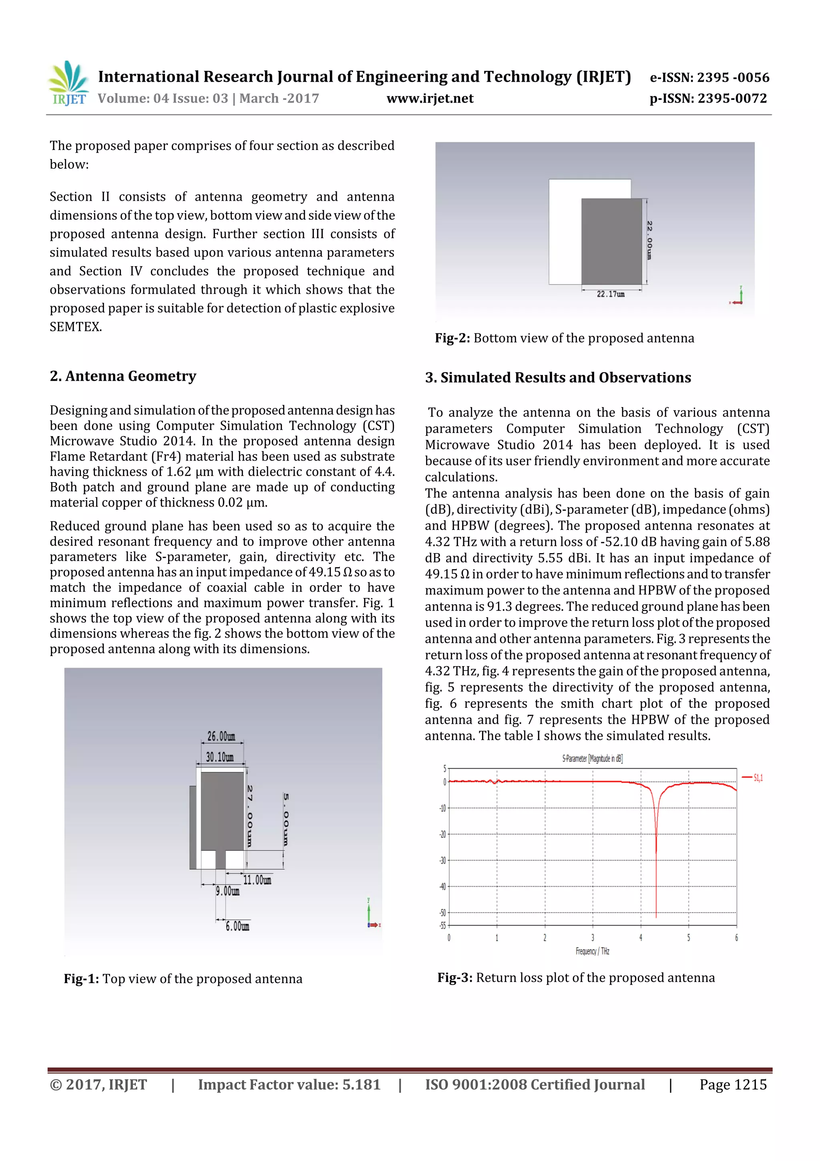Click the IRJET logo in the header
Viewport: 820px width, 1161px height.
pos(68,83)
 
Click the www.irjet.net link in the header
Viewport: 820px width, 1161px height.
pos(430,99)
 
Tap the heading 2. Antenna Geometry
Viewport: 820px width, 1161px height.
pos(123,376)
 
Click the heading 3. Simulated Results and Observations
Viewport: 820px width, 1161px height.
pos(558,378)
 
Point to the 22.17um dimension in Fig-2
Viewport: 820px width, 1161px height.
pos(610,294)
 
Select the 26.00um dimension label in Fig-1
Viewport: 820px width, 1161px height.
pos(221,736)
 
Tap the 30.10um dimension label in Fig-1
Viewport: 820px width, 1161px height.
pos(220,757)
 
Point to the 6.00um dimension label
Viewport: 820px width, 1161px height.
pos(237,927)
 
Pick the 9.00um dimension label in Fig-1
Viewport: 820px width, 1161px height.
pos(227,891)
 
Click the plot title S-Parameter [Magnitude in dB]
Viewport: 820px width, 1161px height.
pos(592,759)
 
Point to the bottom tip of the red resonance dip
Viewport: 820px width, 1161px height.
pos(656,917)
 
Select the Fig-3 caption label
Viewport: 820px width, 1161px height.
pos(455,977)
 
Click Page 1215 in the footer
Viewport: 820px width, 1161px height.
pos(733,1084)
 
